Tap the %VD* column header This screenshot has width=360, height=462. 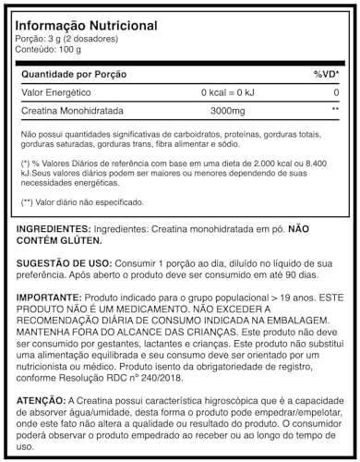[x=327, y=73]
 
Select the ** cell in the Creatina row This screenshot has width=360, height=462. [x=334, y=110]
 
